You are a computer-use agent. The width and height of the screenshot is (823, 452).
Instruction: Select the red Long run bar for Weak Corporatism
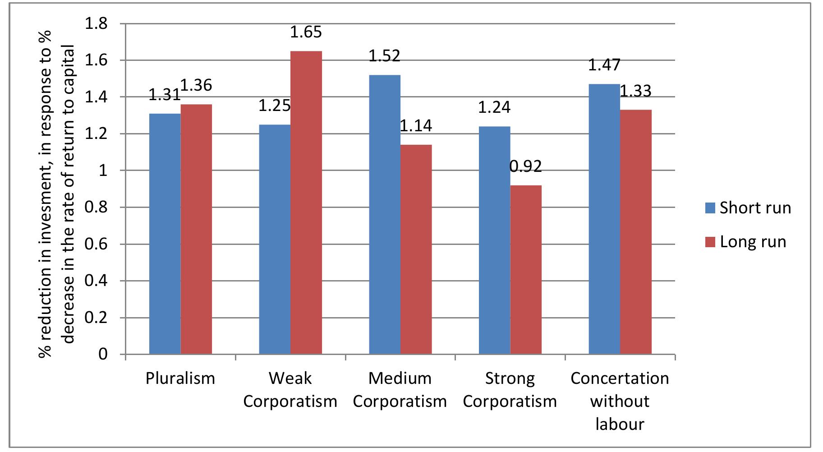pyautogui.click(x=306, y=203)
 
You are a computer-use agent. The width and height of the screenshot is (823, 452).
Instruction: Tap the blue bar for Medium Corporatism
pyautogui.click(x=385, y=214)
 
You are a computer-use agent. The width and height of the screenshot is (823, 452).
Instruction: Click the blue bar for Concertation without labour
pyautogui.click(x=604, y=219)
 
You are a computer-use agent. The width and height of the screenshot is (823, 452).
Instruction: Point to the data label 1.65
pyautogui.click(x=306, y=32)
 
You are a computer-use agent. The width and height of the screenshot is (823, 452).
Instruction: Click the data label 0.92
pyautogui.click(x=525, y=167)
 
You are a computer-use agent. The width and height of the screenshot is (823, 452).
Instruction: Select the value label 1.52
pyautogui.click(x=385, y=56)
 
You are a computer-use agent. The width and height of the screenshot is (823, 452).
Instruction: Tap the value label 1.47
pyautogui.click(x=604, y=65)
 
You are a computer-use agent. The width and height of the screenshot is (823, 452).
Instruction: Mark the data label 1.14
pyautogui.click(x=416, y=125)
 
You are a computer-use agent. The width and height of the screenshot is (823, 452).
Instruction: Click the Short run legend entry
pyautogui.click(x=749, y=208)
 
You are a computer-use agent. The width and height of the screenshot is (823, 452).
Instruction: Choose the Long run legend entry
pyautogui.click(x=746, y=242)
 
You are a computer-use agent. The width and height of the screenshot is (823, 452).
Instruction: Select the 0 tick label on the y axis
pyautogui.click(x=103, y=355)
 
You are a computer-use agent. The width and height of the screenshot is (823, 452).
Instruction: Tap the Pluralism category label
pyautogui.click(x=180, y=378)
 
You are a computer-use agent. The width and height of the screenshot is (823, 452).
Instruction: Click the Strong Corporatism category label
pyautogui.click(x=510, y=389)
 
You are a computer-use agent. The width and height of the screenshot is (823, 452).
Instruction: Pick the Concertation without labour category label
pyautogui.click(x=620, y=401)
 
